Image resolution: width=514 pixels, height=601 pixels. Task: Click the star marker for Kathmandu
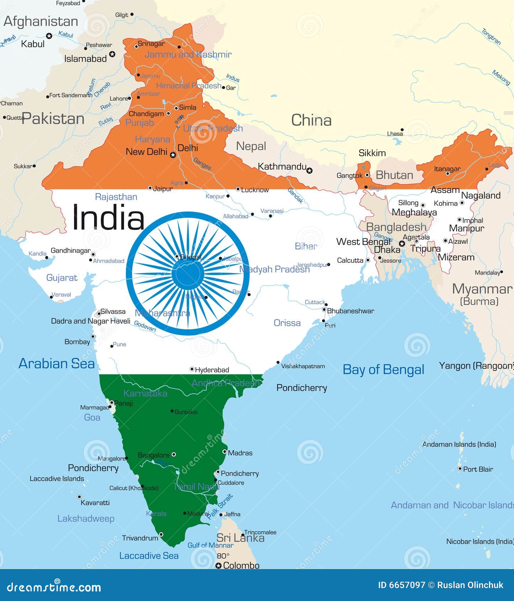coord(309,171)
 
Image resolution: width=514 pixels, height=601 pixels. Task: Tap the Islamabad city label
coord(85,59)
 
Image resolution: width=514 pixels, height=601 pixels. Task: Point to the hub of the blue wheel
coord(188,274)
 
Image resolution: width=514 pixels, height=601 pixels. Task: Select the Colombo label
coord(241,565)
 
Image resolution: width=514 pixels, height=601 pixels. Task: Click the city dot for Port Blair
coord(460,469)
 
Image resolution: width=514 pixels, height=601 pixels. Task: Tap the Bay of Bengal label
coord(383,369)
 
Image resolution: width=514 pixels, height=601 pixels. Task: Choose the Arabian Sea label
coord(57,363)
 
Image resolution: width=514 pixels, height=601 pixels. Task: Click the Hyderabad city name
coord(212,370)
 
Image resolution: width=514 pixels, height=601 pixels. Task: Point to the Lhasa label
coord(395,134)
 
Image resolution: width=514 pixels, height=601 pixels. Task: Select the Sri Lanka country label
coord(240,538)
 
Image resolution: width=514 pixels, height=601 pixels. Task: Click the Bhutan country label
coord(394,175)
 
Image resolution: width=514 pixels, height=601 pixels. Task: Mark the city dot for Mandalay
coord(502,272)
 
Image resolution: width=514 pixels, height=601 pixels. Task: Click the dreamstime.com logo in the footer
coord(54,587)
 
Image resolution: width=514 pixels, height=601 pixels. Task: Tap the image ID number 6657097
coord(402,585)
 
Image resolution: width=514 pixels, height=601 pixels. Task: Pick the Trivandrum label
coord(140,538)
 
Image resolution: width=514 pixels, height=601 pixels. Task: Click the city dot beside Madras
coord(224,452)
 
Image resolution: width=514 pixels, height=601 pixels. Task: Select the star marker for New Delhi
coord(173,155)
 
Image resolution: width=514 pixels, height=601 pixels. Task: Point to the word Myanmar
coord(482,289)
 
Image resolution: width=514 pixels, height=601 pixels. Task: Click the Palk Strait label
coord(220,506)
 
